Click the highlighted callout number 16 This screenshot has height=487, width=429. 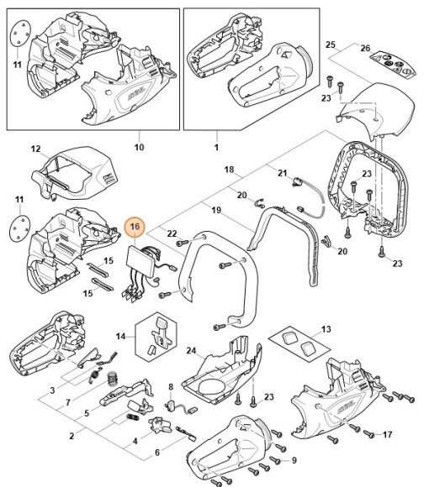point(135,227)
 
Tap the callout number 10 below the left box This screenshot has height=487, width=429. point(139,147)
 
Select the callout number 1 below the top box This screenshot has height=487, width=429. point(216,147)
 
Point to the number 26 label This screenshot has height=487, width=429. point(366,48)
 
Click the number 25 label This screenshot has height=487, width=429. point(331,45)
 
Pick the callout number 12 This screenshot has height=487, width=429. point(36,149)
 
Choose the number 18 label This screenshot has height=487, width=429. point(229,170)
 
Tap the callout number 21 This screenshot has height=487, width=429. point(282,173)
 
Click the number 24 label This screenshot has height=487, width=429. point(191,351)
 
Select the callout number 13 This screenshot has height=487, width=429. point(326,329)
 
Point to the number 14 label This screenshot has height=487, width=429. point(120,337)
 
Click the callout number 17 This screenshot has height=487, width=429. point(387,434)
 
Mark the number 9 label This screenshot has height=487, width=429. point(294,460)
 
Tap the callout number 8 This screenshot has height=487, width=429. point(171,387)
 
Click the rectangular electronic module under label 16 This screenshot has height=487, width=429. point(140,260)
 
